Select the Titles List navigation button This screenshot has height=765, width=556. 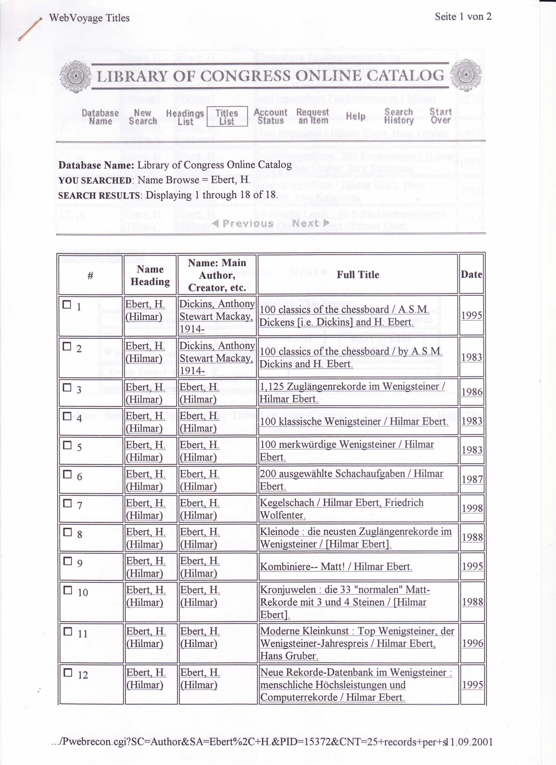click(x=227, y=117)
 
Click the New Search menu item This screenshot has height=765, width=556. click(x=143, y=117)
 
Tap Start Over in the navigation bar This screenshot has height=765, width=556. click(x=440, y=116)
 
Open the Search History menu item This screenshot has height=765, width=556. click(x=399, y=116)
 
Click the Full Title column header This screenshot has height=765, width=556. click(x=358, y=275)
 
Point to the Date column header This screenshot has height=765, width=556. click(x=471, y=275)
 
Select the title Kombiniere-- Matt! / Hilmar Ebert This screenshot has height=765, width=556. click(x=336, y=567)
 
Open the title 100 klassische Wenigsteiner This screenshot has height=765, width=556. click(x=354, y=421)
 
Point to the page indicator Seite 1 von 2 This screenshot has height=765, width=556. click(x=463, y=17)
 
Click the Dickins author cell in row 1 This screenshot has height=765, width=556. click(x=217, y=316)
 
